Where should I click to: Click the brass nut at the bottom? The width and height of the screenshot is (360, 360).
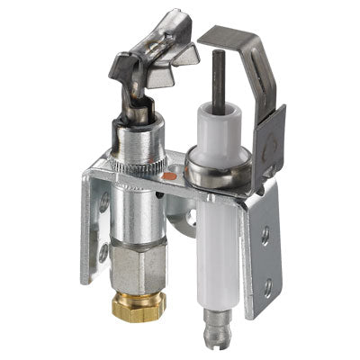pyautogui.click(x=139, y=307)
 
